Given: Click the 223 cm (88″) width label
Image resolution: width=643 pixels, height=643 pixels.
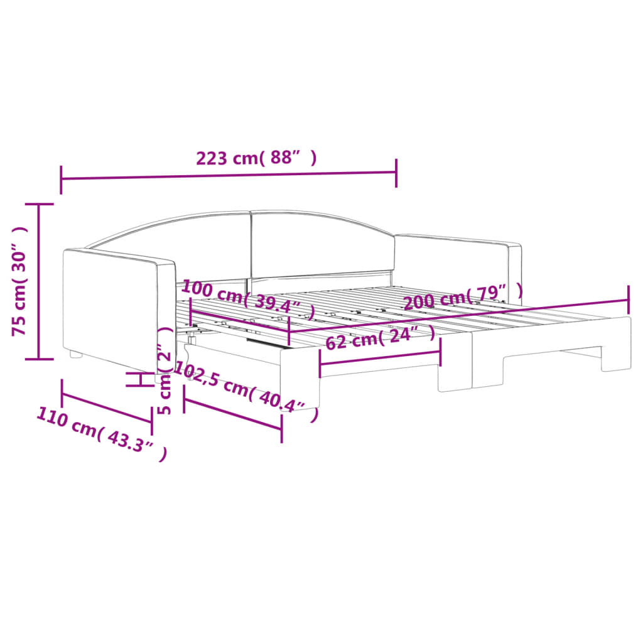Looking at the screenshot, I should coord(256,158).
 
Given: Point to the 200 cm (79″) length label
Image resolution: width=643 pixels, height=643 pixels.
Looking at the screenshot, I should coord(462,297).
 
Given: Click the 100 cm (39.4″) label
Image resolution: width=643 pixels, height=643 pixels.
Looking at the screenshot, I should coord(248,301).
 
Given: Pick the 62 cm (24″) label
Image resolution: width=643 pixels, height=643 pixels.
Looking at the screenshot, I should coord(380,338).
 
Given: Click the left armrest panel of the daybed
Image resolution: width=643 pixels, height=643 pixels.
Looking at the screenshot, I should coord(110,308).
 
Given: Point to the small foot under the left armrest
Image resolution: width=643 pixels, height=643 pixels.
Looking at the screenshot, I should coord(76,355).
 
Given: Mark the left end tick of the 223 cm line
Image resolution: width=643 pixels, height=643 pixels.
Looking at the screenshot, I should coord(61,180).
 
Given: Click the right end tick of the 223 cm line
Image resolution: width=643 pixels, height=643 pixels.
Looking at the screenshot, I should coord(396,173).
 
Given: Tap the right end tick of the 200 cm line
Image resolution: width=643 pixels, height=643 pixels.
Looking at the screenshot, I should coord(629,300).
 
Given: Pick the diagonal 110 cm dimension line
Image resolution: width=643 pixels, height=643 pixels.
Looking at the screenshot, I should coord(107,409).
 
